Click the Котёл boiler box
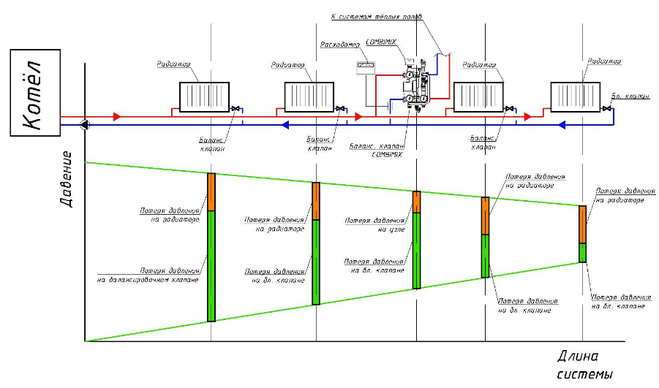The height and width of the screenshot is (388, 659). (34, 93)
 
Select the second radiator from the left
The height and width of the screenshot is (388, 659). (309, 96)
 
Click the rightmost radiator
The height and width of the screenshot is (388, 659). (577, 96)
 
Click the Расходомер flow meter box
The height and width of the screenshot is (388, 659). (364, 66)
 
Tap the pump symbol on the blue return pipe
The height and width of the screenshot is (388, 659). (86, 124)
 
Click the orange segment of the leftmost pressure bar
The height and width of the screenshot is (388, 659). (211, 191)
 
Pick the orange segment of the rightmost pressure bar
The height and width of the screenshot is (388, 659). (583, 224)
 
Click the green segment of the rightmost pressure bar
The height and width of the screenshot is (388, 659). (583, 252)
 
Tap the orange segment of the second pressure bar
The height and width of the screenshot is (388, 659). (316, 201)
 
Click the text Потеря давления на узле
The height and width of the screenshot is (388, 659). (375, 224)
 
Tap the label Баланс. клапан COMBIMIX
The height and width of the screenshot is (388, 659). (377, 151)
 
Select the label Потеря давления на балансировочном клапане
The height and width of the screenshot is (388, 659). (148, 275)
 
